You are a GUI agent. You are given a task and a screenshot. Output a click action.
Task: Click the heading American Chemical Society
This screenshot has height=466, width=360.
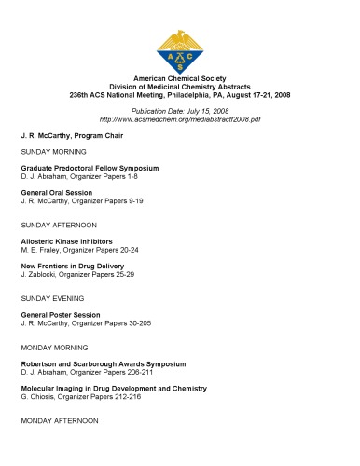179,82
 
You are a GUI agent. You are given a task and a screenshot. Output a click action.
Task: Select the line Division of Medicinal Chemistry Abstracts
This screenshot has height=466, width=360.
179,90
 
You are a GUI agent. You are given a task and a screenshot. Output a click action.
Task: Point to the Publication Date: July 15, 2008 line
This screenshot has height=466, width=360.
179,111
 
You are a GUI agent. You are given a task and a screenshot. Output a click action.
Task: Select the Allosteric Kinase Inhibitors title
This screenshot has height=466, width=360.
72,241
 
